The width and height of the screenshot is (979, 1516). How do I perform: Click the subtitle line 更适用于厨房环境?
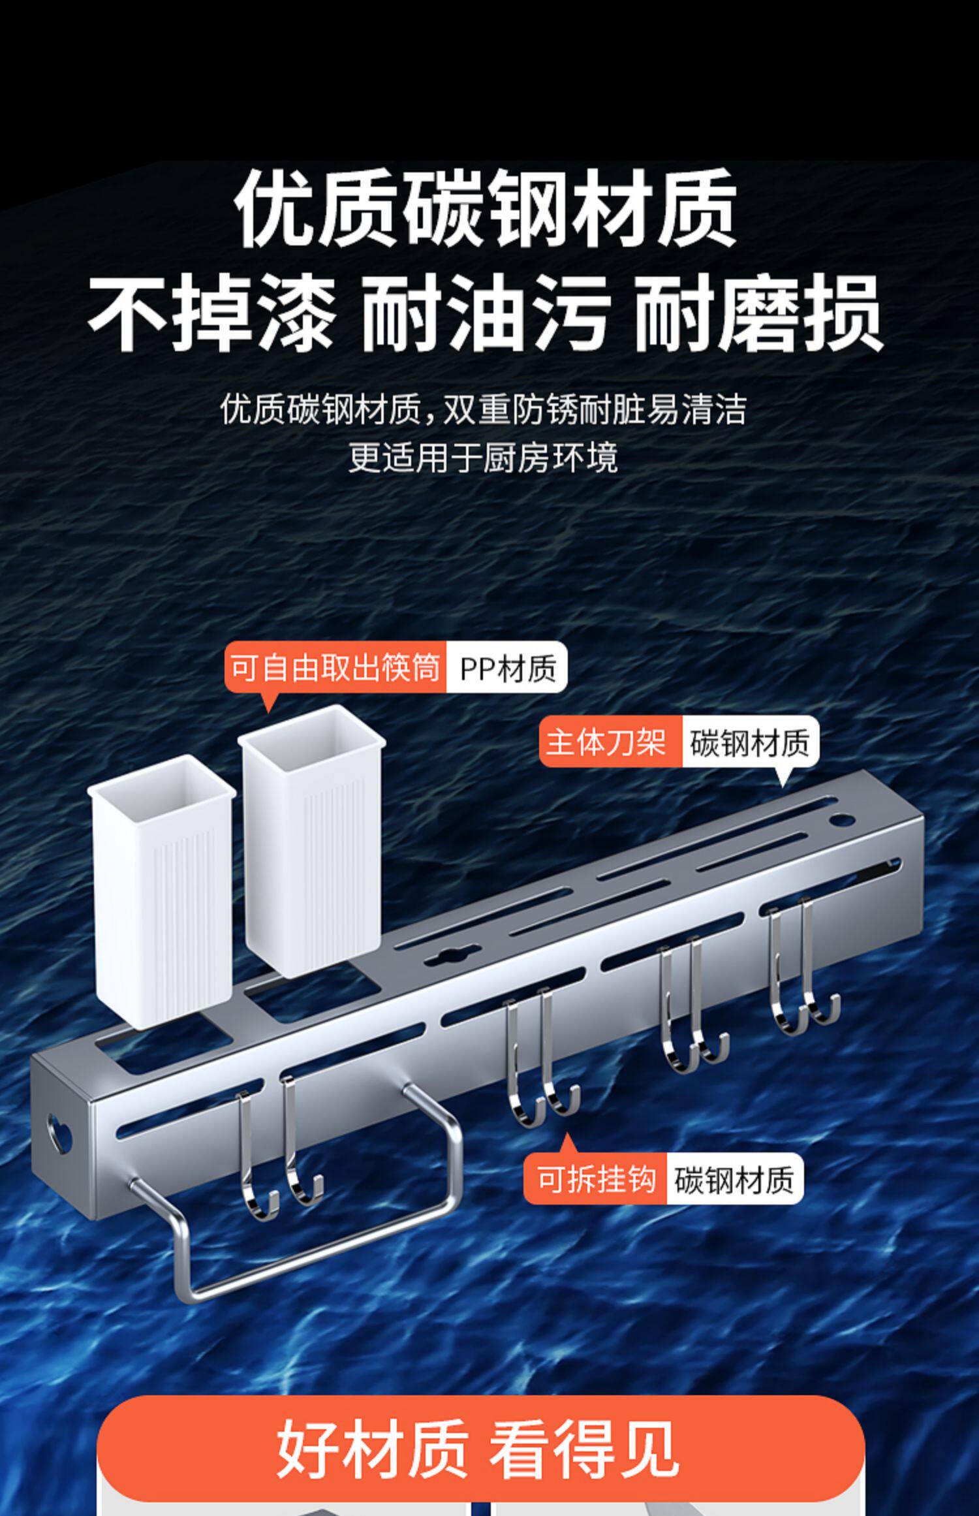[483, 458]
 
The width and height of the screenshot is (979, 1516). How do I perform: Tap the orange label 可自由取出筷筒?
[335, 668]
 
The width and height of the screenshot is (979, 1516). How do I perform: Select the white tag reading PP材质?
[507, 668]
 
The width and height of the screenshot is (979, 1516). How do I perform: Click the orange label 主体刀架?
[607, 742]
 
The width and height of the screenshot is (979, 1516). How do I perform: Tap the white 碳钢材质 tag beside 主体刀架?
[749, 742]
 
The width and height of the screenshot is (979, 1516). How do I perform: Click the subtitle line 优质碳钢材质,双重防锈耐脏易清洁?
[483, 410]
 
